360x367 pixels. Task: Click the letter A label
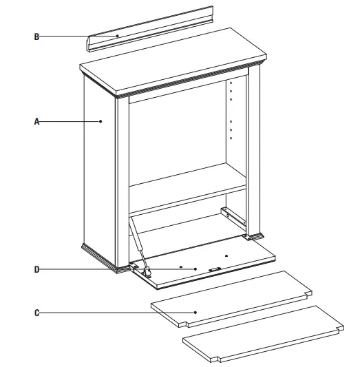pos(36,122)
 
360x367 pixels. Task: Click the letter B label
pos(36,36)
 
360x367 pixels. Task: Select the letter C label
pos(36,313)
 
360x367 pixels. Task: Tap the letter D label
pos(36,269)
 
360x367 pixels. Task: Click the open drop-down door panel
pos(207,265)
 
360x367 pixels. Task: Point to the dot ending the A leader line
pos(100,122)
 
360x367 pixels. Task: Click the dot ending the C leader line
pos(195,313)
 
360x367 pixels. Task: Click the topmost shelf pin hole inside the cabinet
pos(231,81)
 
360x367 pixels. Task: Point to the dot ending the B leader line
pos(118,36)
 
